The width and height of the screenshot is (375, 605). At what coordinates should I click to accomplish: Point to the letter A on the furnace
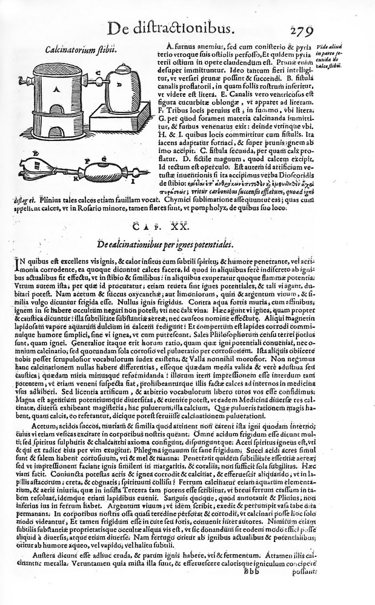[x=56, y=89]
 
